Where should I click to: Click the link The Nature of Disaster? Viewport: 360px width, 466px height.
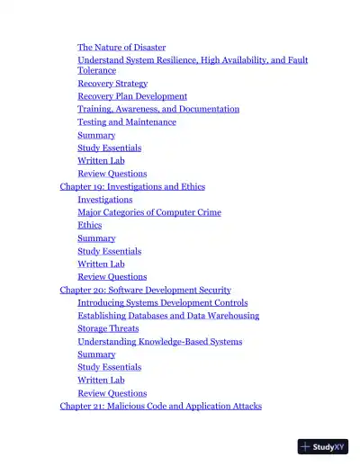point(121,47)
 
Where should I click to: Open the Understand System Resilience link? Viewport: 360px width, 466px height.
point(193,60)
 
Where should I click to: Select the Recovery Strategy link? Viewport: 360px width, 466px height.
point(112,83)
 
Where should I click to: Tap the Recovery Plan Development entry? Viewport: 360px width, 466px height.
point(132,96)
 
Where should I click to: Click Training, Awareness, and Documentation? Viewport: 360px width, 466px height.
point(158,109)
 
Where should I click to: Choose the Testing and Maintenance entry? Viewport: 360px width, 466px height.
point(127,121)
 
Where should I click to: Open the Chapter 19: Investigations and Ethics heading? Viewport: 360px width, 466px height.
point(132,187)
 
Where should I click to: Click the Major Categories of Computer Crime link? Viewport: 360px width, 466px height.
point(149,212)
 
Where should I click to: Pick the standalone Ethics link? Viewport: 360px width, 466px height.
point(90,225)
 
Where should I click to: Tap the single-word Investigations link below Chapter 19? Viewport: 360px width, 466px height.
point(105,200)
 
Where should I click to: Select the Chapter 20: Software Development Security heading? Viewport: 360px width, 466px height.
point(145,291)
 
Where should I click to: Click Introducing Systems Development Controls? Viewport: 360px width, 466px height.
point(163,303)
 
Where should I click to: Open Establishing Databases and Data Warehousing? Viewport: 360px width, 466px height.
point(168,316)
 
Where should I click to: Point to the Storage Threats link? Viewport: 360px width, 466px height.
point(108,328)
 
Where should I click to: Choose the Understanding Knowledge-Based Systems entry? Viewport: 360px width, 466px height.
point(159,342)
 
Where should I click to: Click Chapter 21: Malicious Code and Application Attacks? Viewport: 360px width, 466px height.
point(160,407)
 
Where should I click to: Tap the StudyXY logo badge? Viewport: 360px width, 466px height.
point(323,445)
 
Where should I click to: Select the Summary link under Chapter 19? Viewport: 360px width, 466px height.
point(96,238)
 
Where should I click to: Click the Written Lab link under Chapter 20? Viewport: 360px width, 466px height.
point(101,381)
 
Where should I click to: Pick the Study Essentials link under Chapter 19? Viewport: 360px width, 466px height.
point(109,252)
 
